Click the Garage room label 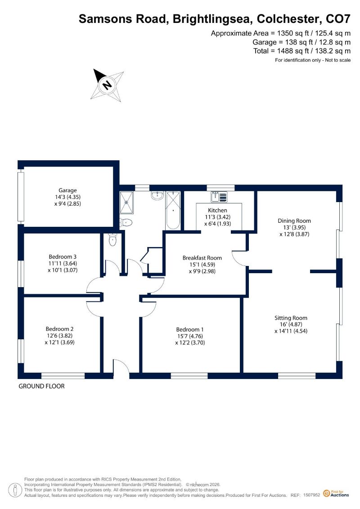pyautogui.click(x=67, y=190)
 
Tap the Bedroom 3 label pyautogui.click(x=63, y=257)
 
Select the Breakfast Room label pyautogui.click(x=202, y=258)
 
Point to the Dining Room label pyautogui.click(x=294, y=221)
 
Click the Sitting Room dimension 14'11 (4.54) pyautogui.click(x=291, y=331)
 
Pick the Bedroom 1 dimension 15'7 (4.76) pyautogui.click(x=190, y=336)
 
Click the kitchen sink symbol pyautogui.click(x=219, y=197)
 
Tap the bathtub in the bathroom pyautogui.click(x=173, y=210)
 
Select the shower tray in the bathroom pyautogui.click(x=126, y=203)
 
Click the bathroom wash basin pyautogui.click(x=158, y=195)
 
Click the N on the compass pyautogui.click(x=107, y=85)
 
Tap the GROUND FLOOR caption pyautogui.click(x=41, y=386)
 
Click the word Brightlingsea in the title pyautogui.click(x=212, y=19)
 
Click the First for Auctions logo pyautogui.click(x=336, y=493)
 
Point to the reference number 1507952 pyautogui.click(x=312, y=495)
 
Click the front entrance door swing pyautogui.click(x=122, y=366)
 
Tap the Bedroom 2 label pyautogui.click(x=59, y=329)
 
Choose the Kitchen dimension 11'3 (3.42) pyautogui.click(x=217, y=217)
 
